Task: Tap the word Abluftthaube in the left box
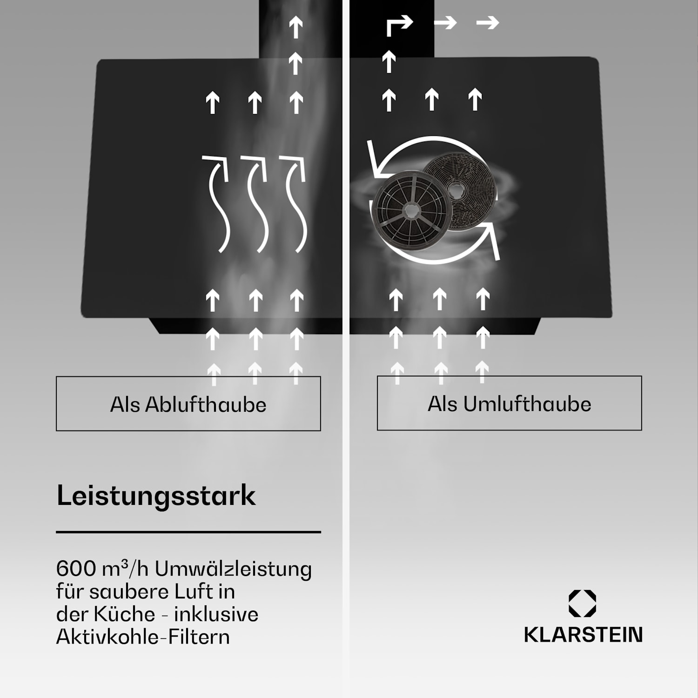click(x=206, y=404)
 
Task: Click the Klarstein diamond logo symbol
click(x=582, y=604)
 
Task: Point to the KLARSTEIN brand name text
click(x=583, y=635)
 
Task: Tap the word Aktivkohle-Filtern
click(x=143, y=636)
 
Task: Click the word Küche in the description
click(x=124, y=614)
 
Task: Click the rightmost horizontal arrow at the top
click(x=488, y=22)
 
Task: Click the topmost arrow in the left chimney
click(x=296, y=27)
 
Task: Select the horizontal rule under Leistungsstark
click(x=188, y=531)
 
